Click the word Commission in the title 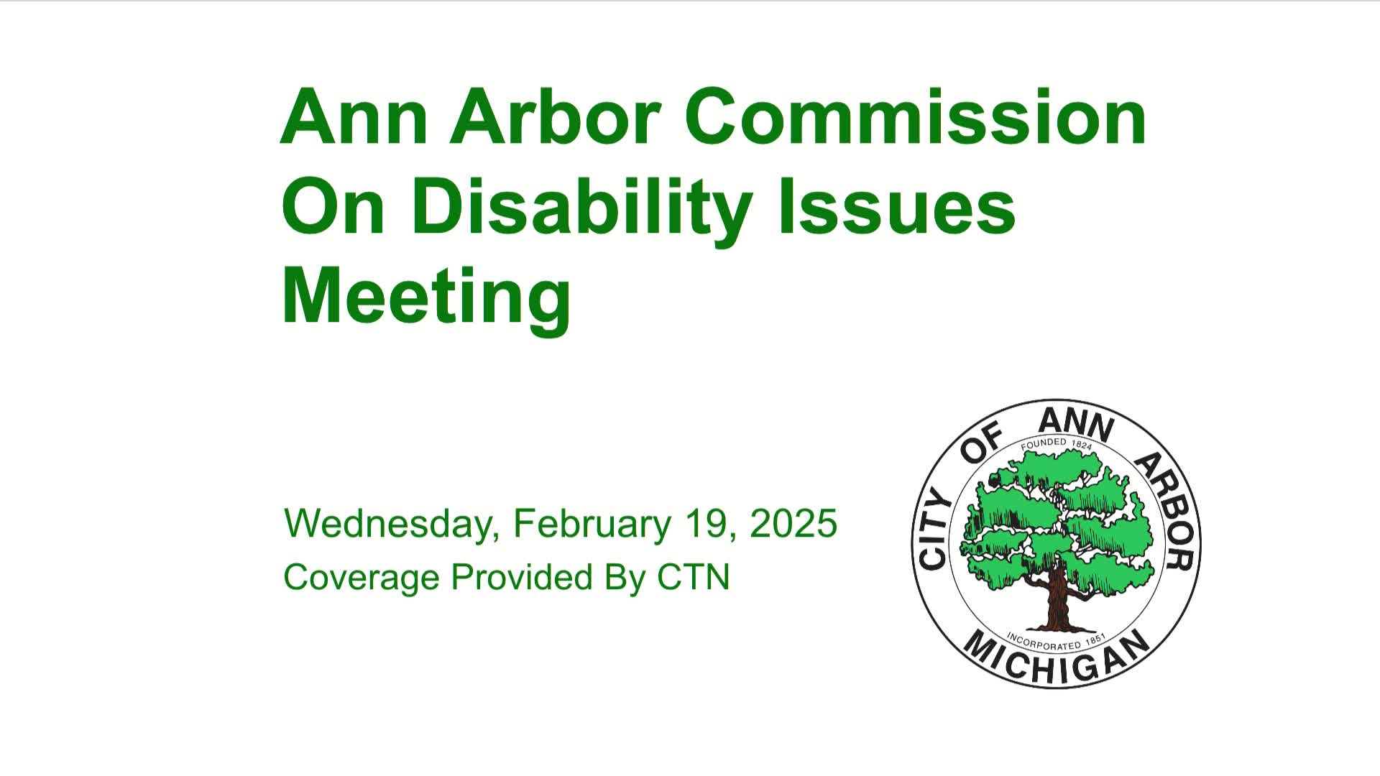915,116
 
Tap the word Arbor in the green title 556,116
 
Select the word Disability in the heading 582,207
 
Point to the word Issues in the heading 896,207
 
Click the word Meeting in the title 426,297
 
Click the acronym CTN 694,577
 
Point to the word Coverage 362,577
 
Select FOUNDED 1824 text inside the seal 1057,444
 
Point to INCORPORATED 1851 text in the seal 1055,641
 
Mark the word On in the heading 333,207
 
